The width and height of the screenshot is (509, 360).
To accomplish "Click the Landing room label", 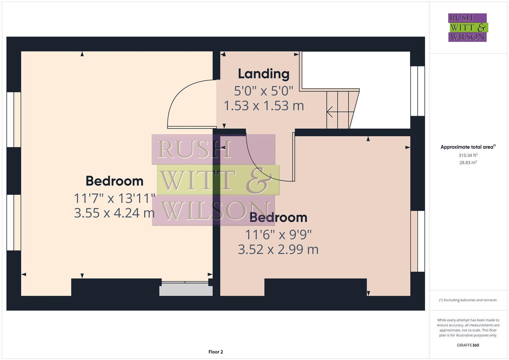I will click(x=263, y=74).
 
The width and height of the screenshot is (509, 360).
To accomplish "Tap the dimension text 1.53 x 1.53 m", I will click(x=264, y=106).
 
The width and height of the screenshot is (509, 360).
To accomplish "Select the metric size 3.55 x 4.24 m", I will click(x=114, y=213).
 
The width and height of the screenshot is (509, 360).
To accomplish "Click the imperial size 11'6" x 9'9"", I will click(x=278, y=235).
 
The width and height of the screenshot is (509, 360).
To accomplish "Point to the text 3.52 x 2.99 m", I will click(x=278, y=249).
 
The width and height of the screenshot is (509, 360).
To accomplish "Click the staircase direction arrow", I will click(x=330, y=112).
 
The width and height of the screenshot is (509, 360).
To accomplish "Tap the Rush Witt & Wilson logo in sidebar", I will click(x=467, y=28).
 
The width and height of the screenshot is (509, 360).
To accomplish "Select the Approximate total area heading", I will click(x=468, y=147).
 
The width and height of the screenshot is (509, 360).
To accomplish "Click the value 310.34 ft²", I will click(x=468, y=155).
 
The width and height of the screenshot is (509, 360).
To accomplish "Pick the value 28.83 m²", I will click(x=468, y=163).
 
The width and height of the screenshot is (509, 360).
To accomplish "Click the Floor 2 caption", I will click(x=216, y=352).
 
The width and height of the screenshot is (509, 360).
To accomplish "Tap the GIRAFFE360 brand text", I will click(x=468, y=345).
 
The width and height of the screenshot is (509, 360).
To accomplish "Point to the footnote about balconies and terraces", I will click(x=468, y=300).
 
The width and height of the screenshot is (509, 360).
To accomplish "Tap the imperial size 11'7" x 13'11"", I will click(x=114, y=198).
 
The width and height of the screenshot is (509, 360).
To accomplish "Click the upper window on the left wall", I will click(x=14, y=119).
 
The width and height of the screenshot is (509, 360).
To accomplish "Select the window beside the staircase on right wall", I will click(x=417, y=91).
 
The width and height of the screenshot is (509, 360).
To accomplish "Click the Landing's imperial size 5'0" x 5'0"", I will click(x=263, y=90).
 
